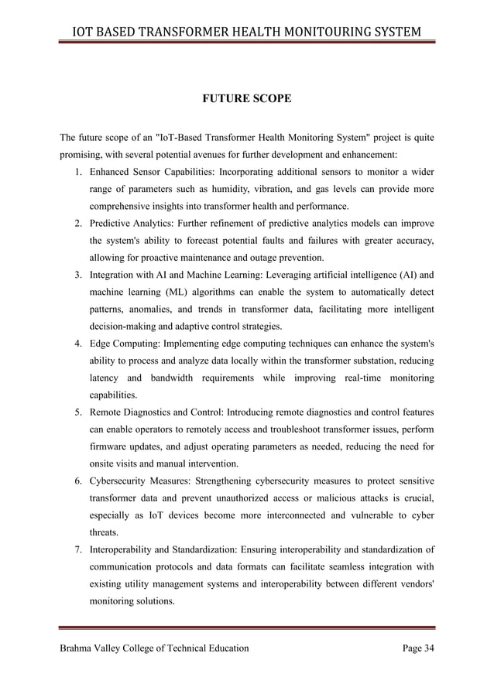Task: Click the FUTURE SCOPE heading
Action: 246,99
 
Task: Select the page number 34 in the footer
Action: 427,648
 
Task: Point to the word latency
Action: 107,378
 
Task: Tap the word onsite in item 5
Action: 105,464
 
